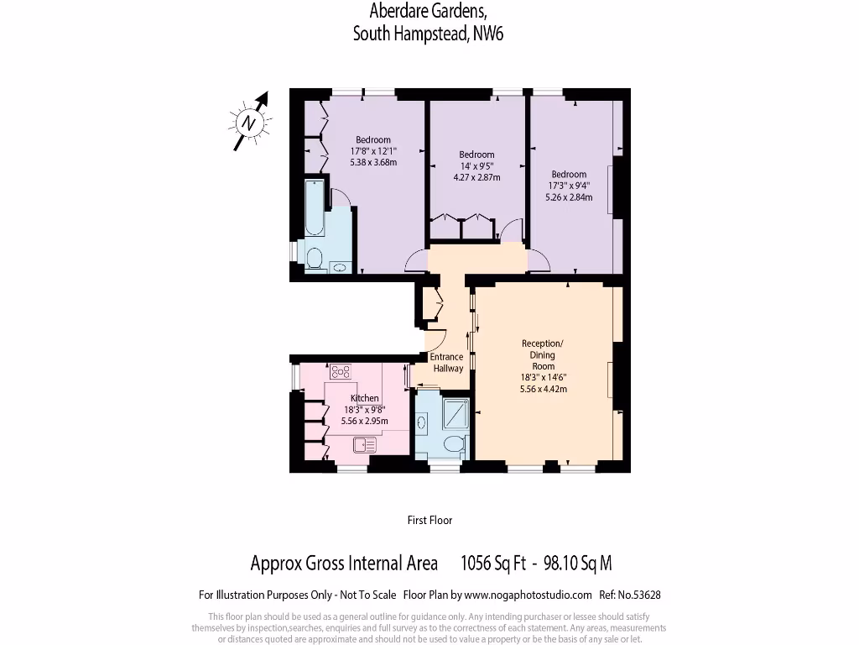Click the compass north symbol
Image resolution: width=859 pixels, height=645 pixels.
pyautogui.click(x=249, y=123)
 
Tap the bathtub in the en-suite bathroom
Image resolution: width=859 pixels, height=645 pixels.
pyautogui.click(x=314, y=207)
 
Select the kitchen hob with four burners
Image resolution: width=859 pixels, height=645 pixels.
pyautogui.click(x=341, y=370)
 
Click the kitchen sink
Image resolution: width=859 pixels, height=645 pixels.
pyautogui.click(x=365, y=445)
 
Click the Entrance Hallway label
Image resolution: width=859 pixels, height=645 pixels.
pyautogui.click(x=448, y=362)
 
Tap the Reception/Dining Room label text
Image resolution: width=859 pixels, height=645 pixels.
pyautogui.click(x=543, y=354)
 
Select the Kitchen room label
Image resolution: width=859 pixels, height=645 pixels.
pyautogui.click(x=365, y=398)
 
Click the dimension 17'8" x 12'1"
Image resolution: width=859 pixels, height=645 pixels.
pyautogui.click(x=373, y=151)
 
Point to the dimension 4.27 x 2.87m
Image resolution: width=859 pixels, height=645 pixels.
pyautogui.click(x=476, y=177)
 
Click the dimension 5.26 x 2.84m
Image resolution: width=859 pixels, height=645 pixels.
pyautogui.click(x=569, y=197)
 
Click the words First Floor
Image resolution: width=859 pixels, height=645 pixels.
pyautogui.click(x=429, y=520)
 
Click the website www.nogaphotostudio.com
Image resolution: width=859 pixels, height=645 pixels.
pyautogui.click(x=528, y=595)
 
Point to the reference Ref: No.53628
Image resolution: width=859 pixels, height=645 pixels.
pyautogui.click(x=630, y=595)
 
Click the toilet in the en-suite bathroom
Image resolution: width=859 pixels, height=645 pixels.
pyautogui.click(x=315, y=257)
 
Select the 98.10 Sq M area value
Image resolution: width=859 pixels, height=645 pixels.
pyautogui.click(x=578, y=563)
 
